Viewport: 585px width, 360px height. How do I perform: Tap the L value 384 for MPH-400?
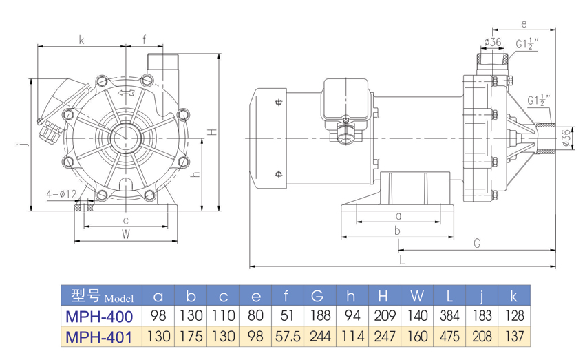point(450,317)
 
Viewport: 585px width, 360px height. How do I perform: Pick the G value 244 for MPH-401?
point(318,337)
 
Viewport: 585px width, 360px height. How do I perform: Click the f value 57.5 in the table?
point(286,337)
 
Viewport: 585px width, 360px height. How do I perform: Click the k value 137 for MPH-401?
point(513,337)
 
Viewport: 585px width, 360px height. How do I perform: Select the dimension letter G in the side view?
point(476,242)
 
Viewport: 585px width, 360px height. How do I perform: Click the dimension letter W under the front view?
point(126,233)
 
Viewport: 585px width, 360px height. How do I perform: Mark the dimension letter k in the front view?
point(81,40)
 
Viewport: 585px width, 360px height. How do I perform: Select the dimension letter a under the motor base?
point(398,215)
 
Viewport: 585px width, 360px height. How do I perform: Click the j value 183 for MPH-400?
point(481,317)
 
